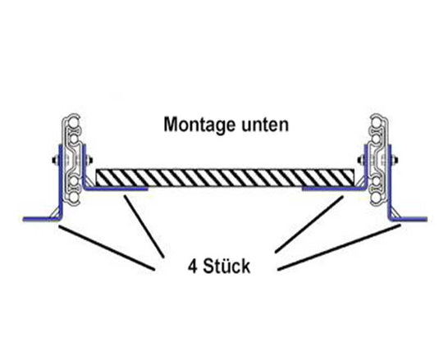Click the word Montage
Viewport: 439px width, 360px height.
(194, 127)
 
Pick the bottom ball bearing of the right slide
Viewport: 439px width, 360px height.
(377, 185)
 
